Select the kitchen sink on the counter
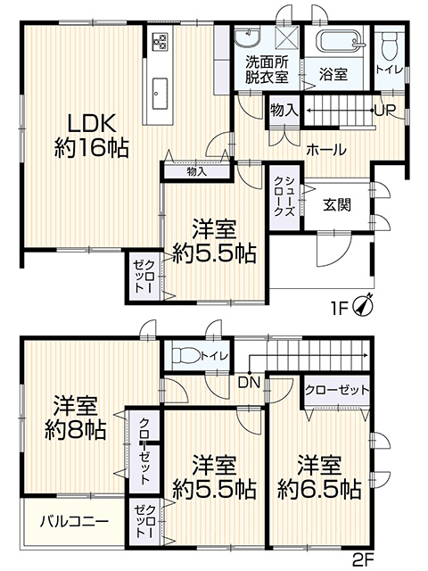click(160, 94)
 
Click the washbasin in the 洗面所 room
click(248, 38)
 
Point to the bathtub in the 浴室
click(341, 40)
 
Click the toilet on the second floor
click(185, 355)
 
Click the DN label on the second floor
click(250, 383)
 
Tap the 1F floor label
click(340, 309)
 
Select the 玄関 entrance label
click(337, 205)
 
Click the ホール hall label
click(325, 149)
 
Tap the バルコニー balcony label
click(74, 522)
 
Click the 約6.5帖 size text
click(319, 490)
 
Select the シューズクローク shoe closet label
click(284, 196)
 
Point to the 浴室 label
click(333, 74)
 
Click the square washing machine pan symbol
click(287, 37)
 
